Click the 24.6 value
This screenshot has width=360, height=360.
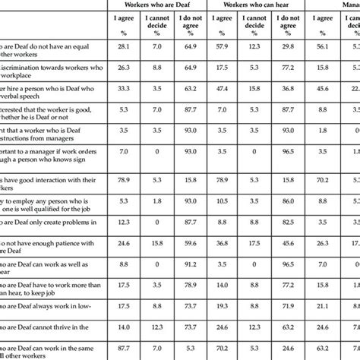click(122, 244)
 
